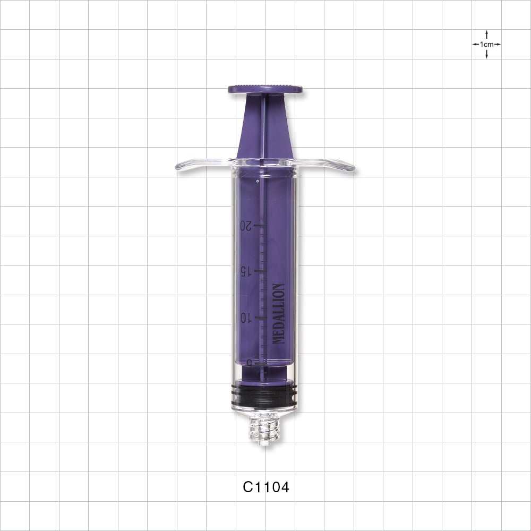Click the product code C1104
tap(265, 487)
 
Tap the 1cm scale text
tap(486, 45)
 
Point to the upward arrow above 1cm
tap(486, 35)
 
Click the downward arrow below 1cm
tap(486, 54)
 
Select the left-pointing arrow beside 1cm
tap(476, 45)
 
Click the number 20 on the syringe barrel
tap(245, 225)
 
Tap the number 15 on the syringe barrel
tap(245, 271)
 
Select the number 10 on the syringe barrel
tap(245, 318)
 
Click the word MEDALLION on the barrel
tap(278, 314)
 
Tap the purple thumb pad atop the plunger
tap(265, 89)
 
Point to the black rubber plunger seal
tap(265, 396)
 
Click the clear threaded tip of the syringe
tap(264, 427)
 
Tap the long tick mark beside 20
tap(259, 226)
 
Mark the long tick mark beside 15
tap(259, 271)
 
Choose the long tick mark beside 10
tap(259, 318)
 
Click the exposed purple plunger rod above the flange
tap(264, 127)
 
